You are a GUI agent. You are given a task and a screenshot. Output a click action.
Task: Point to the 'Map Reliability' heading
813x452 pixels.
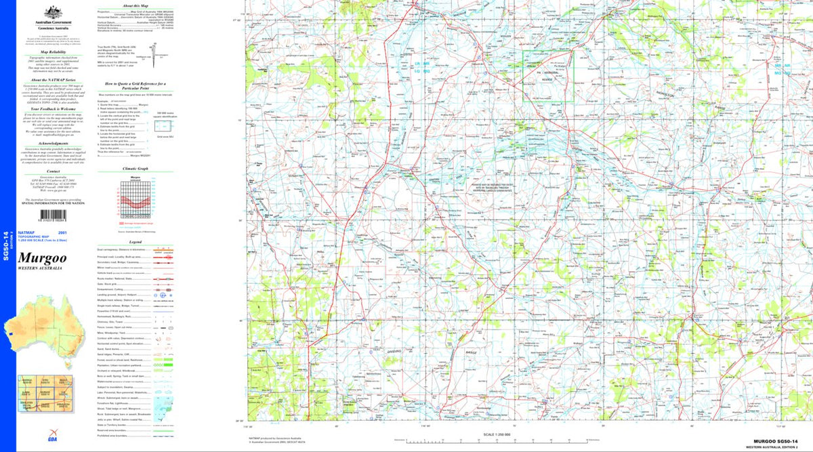click(x=53, y=52)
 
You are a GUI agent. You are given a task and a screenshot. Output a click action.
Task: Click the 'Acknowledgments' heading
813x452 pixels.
click(x=53, y=144)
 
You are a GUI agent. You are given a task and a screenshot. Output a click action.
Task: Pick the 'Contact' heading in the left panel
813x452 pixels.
click(x=53, y=171)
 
